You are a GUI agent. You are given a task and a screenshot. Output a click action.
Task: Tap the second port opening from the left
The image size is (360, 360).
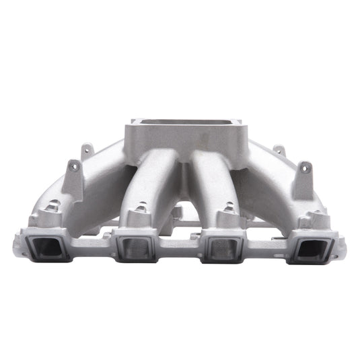pos(135,248)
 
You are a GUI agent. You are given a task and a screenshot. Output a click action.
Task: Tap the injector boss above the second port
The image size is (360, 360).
pos(139,210)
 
